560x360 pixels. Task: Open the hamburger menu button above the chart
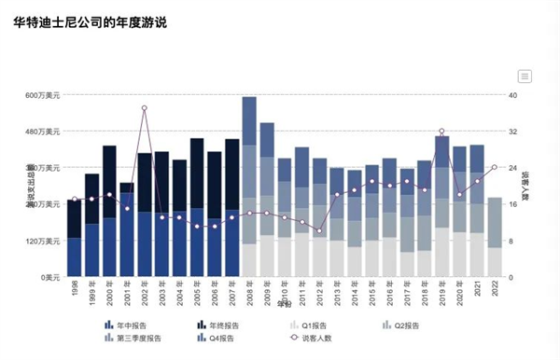[525, 76]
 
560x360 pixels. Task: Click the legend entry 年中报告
[129, 325]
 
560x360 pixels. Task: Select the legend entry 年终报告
[219, 325]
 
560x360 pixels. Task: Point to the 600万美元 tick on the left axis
[43, 94]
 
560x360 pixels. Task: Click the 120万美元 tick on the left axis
[43, 241]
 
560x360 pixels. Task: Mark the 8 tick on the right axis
[511, 241]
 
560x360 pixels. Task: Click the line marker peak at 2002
[144, 108]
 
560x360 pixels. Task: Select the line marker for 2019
[441, 132]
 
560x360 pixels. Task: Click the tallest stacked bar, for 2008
[249, 187]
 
